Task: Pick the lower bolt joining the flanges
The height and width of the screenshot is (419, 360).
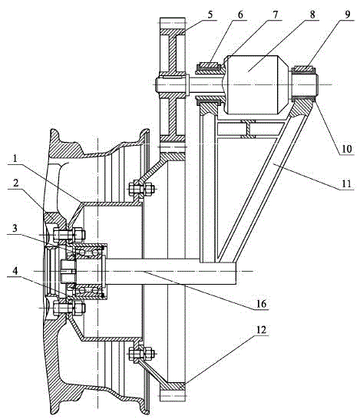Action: click(141, 355)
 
